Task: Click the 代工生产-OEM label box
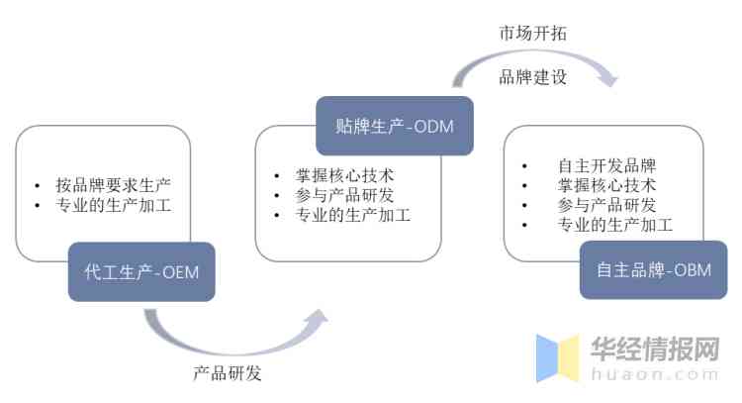141,271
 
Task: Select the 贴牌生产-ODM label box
394,126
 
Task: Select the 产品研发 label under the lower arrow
228,373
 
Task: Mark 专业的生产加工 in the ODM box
352,215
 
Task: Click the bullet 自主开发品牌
606,165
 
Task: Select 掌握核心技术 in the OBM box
606,185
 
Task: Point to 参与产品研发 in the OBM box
606,205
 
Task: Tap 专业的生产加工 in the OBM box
614,225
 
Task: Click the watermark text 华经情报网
654,349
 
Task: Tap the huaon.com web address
654,374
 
